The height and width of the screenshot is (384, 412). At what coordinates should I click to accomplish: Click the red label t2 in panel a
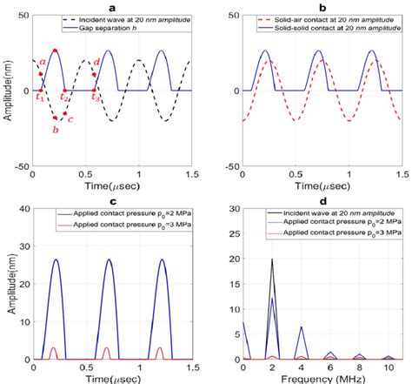click(64, 98)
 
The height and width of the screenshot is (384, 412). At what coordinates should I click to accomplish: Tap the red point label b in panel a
click(55, 129)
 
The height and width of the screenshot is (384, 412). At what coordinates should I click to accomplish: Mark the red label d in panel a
click(96, 63)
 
